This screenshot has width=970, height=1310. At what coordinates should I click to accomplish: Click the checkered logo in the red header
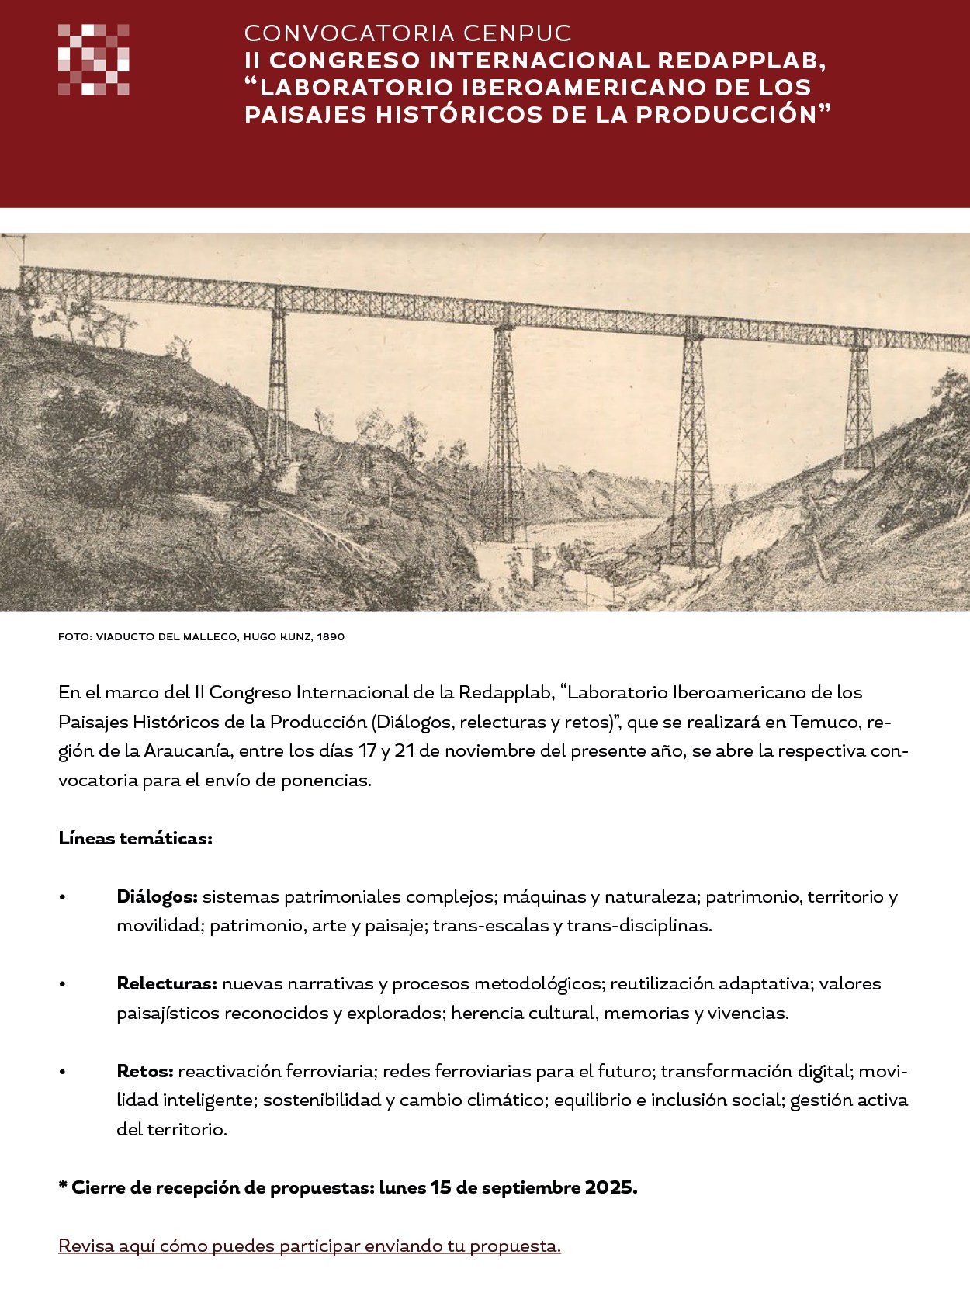click(93, 60)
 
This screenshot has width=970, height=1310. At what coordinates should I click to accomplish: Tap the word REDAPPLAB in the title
click(740, 61)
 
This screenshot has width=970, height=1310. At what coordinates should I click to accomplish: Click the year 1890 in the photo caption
click(331, 637)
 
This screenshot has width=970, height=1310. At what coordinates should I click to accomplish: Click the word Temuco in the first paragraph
click(825, 723)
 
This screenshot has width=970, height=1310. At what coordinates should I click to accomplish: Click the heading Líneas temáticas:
click(135, 839)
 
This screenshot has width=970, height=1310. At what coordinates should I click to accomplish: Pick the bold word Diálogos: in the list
click(158, 897)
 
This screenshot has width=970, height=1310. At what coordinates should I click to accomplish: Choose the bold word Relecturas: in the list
click(167, 984)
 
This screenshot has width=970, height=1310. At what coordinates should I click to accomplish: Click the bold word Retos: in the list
click(145, 1072)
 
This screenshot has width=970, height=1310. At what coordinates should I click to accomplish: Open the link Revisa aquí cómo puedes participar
click(309, 1246)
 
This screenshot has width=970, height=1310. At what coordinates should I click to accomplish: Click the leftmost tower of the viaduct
click(277, 388)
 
